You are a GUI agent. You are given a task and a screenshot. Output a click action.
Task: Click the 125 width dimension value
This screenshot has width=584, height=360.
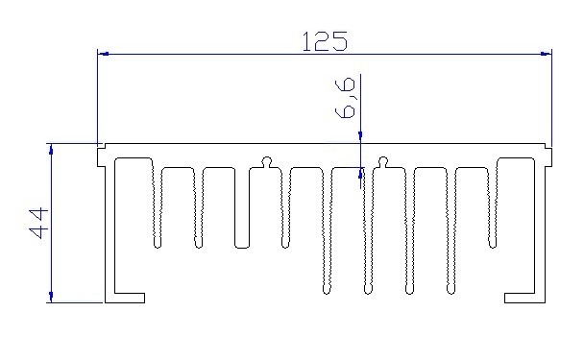(x=324, y=41)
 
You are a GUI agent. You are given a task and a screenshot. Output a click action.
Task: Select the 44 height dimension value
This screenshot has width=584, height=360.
(x=39, y=222)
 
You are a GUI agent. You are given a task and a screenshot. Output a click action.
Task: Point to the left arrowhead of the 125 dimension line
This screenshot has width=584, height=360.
(x=104, y=54)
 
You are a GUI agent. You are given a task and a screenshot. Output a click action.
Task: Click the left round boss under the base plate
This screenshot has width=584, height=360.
(x=266, y=160)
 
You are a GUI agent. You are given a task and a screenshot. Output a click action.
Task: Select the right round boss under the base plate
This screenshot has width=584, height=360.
(x=382, y=160)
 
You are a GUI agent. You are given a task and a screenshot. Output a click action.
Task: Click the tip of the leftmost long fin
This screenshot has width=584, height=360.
(x=326, y=288)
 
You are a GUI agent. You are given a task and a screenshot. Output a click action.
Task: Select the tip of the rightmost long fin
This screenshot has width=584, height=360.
(x=450, y=288)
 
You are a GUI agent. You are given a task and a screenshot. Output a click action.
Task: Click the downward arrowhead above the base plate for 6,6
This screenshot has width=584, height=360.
(x=360, y=139)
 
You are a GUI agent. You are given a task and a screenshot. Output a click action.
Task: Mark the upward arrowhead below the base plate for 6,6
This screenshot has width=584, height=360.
(x=360, y=174)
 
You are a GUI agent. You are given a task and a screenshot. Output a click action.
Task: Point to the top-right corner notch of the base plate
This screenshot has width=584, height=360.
(x=548, y=148)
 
